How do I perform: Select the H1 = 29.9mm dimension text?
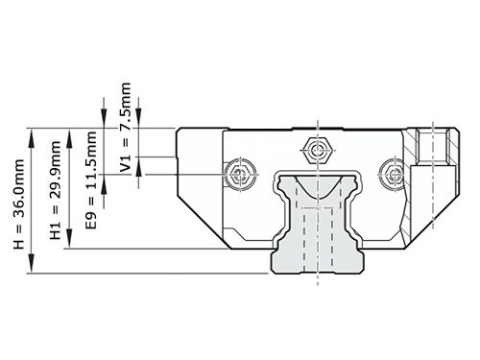56,192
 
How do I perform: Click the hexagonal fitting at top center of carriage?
315,149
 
